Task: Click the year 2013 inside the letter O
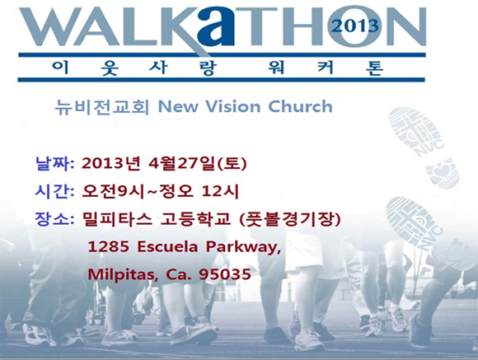355,26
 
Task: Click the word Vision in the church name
232,106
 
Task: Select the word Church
300,106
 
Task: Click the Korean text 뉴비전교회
102,107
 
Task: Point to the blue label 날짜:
55,164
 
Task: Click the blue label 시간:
55,191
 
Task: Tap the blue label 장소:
55,219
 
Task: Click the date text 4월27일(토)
197,164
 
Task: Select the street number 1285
108,246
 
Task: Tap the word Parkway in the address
241,247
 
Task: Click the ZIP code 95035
225,274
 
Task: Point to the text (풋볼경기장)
288,219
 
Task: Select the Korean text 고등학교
195,219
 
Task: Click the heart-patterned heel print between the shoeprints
443,173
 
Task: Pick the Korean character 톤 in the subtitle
374,68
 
